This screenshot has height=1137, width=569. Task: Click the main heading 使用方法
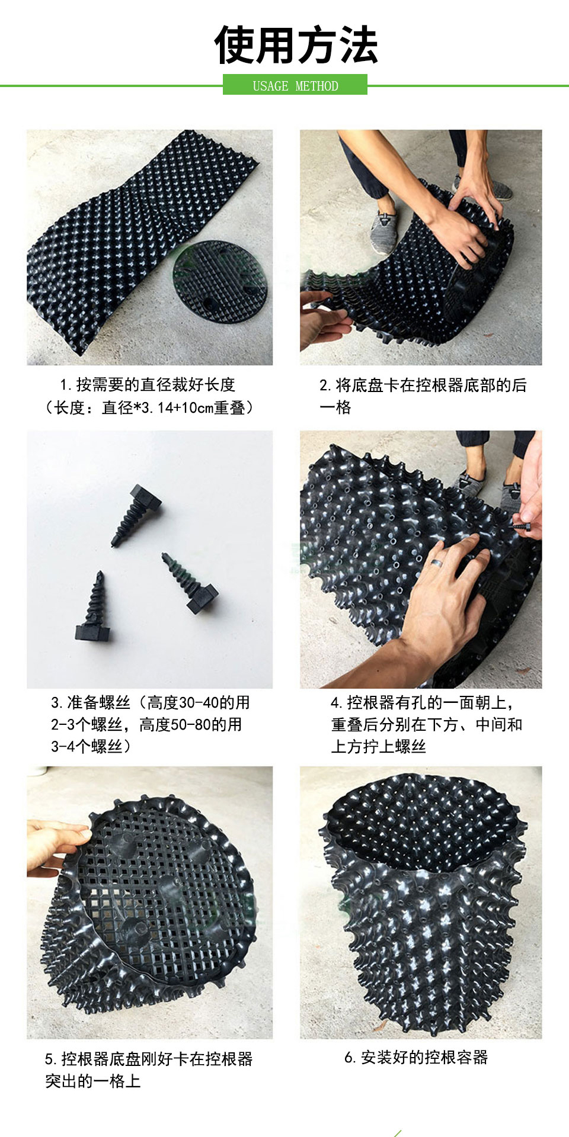(x=295, y=46)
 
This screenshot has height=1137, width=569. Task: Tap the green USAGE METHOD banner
(x=295, y=85)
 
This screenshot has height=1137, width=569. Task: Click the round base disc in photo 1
(x=219, y=281)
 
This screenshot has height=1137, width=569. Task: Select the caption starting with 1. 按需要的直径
(x=148, y=385)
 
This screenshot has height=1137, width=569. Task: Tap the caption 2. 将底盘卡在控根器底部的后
(x=423, y=386)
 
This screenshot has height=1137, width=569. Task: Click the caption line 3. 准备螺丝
(x=150, y=703)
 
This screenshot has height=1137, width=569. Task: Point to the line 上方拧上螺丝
(x=378, y=747)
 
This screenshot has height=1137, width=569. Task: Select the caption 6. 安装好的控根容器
(x=416, y=1058)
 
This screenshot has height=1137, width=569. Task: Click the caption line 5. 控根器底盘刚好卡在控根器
(x=149, y=1059)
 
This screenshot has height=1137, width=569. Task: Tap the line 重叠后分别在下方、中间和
(x=426, y=725)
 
